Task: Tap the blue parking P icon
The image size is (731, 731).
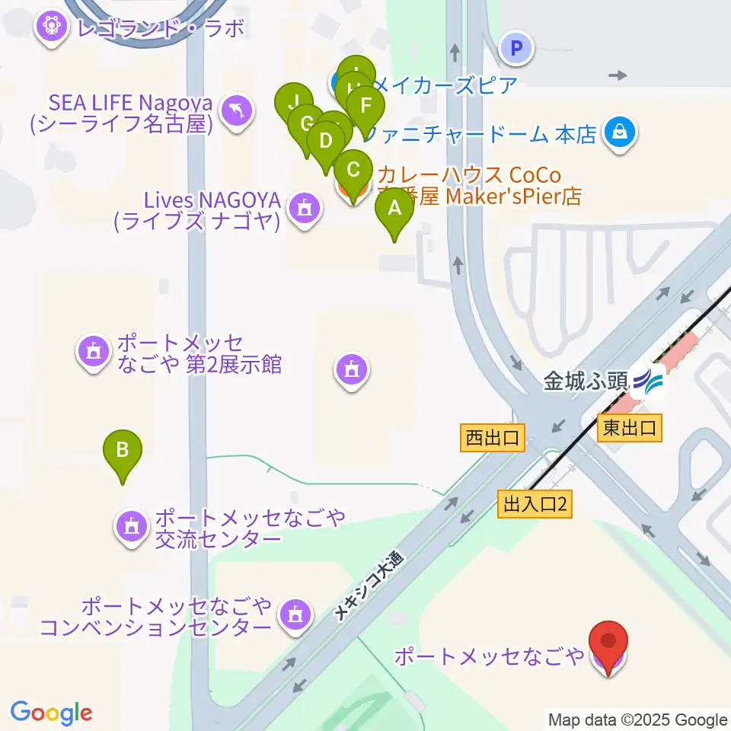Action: pyautogui.click(x=516, y=50)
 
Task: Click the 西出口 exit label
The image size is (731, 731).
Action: pyautogui.click(x=492, y=438)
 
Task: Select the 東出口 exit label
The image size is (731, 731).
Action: pyautogui.click(x=629, y=427)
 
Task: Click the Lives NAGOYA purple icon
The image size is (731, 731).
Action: pyautogui.click(x=305, y=206)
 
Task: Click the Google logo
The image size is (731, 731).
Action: pyautogui.click(x=51, y=713)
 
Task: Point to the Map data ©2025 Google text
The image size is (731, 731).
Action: pyautogui.click(x=638, y=720)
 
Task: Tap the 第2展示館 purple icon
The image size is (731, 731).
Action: pyautogui.click(x=93, y=351)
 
